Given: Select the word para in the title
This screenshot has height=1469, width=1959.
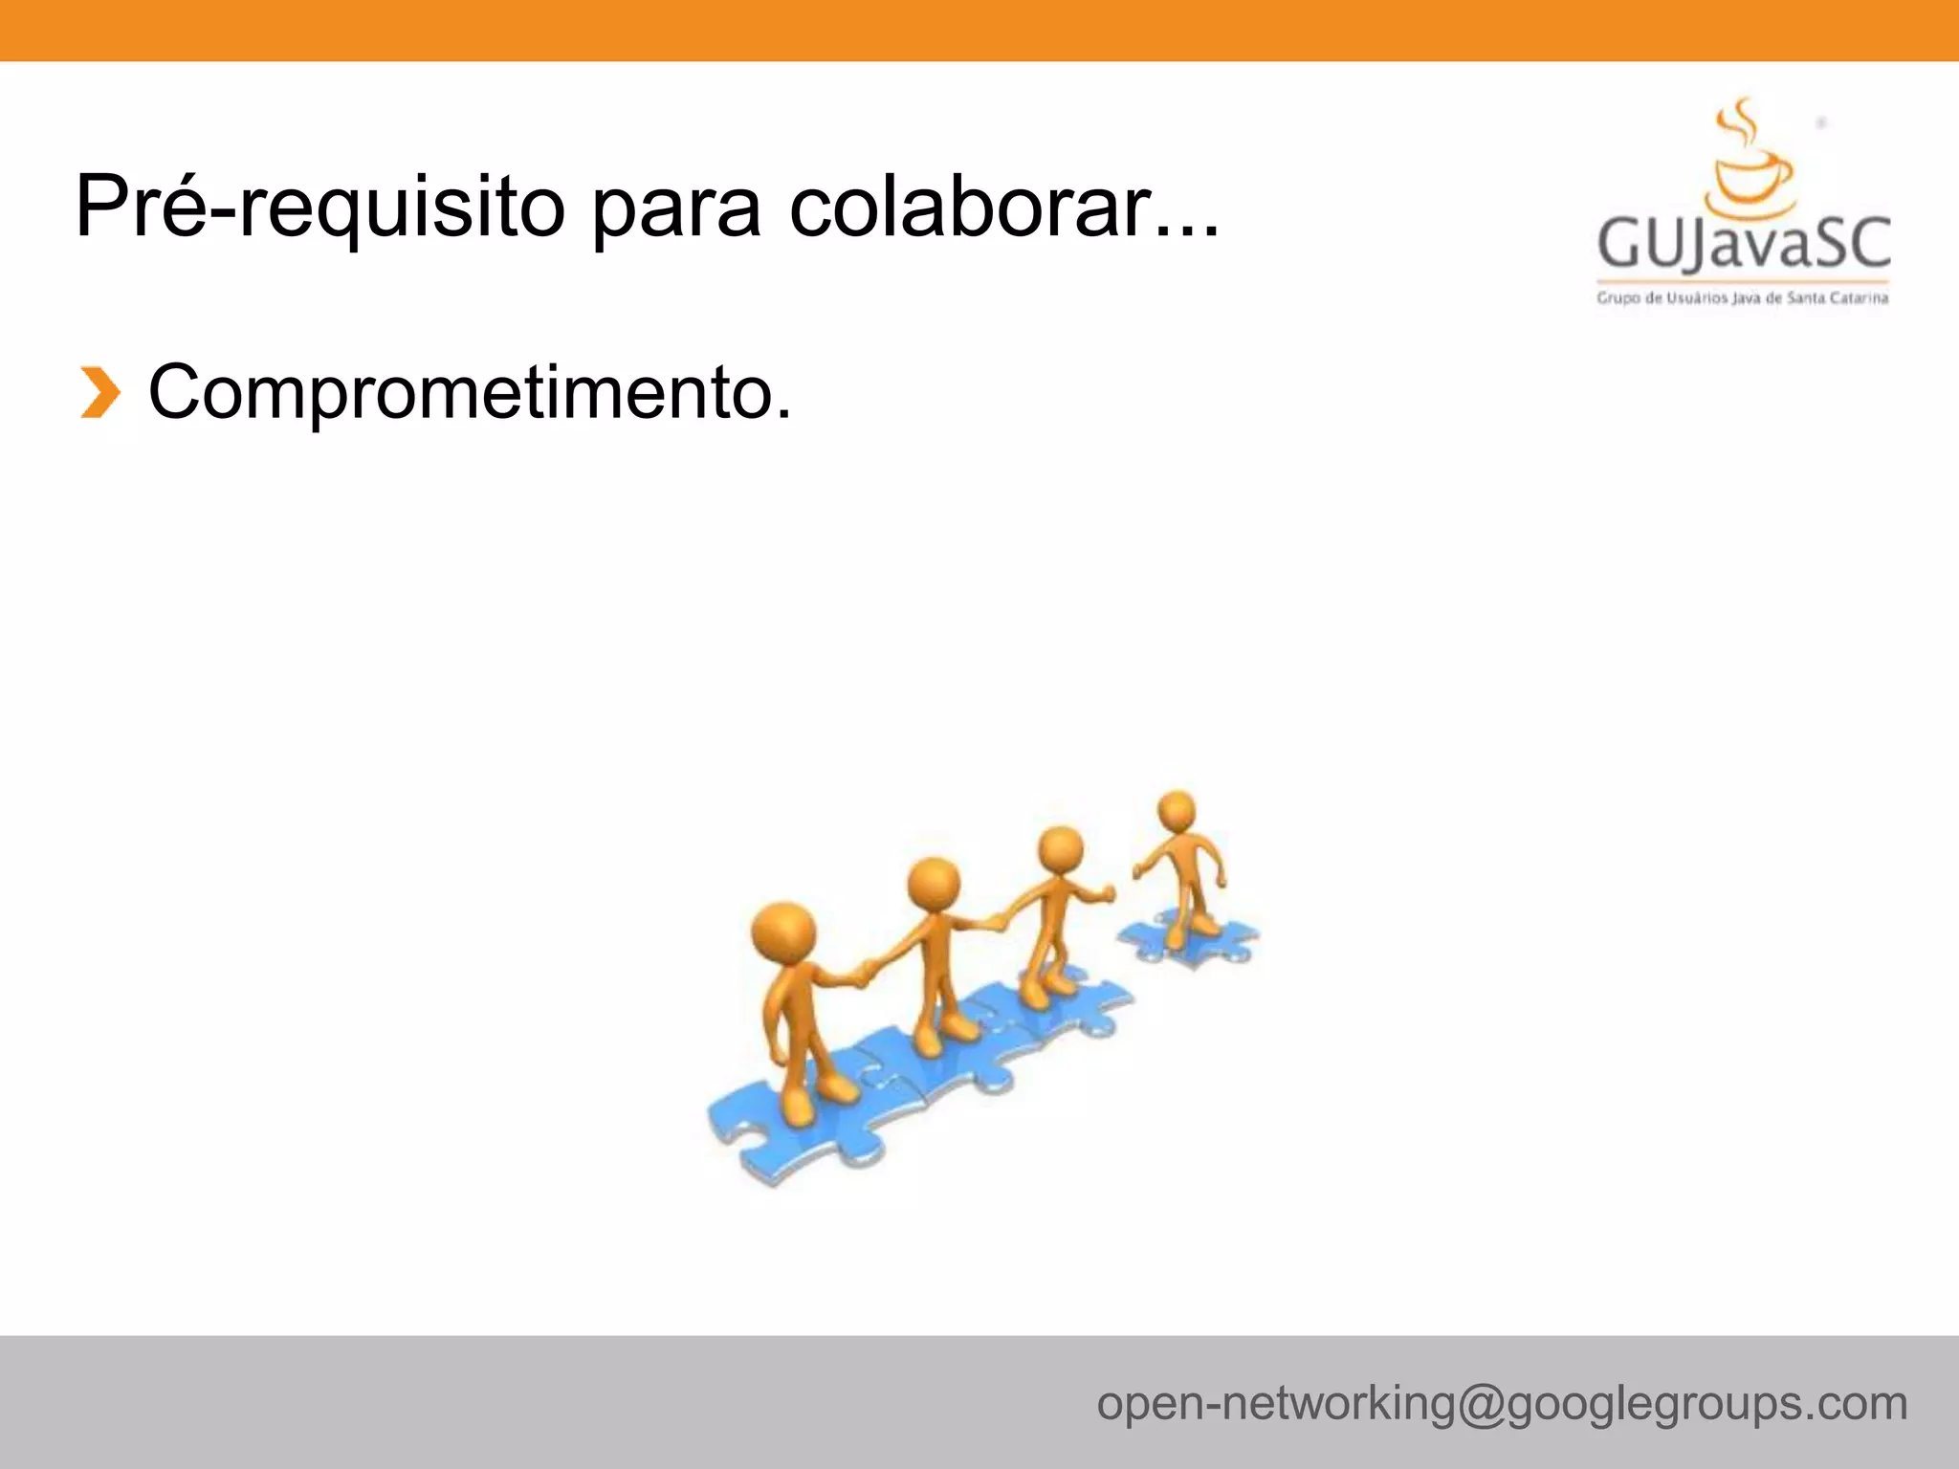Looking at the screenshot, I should coord(676,210).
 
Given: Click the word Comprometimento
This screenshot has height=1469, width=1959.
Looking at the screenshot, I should coord(470,392).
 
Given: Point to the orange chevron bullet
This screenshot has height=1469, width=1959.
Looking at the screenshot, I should coord(99,393).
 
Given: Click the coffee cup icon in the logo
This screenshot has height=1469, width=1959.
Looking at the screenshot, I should coord(1750,181).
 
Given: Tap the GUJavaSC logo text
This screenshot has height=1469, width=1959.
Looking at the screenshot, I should coord(1744,244).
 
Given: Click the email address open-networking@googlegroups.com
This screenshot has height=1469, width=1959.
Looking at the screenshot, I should coord(1502,1403).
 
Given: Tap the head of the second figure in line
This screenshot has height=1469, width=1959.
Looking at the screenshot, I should coord(933,884).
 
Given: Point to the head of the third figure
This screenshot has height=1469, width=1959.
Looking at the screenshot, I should coord(1060,848).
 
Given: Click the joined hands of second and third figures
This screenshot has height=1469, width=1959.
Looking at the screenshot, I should coord(997,922).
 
